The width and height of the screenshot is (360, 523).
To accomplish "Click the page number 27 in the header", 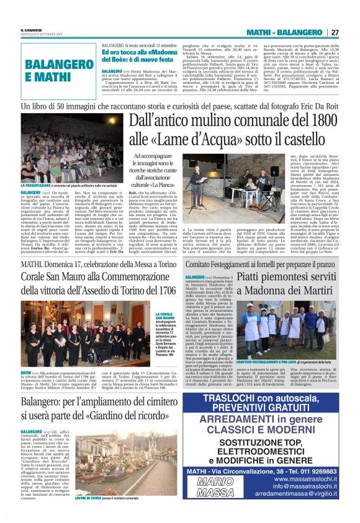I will pos(335,32).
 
